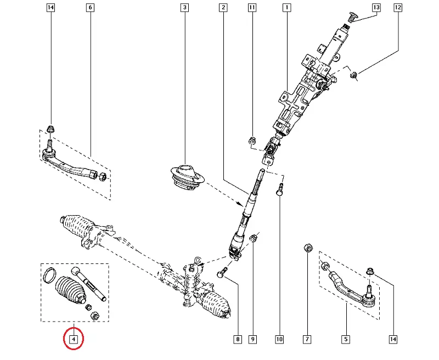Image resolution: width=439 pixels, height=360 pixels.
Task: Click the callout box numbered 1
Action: pyautogui.click(x=286, y=8)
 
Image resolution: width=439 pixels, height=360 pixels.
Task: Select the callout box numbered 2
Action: pyautogui.click(x=223, y=8)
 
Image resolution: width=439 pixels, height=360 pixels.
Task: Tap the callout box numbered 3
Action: pyautogui.click(x=184, y=8)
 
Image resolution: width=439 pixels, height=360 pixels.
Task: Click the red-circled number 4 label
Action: pyautogui.click(x=73, y=339)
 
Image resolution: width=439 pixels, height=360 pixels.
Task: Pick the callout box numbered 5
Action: pyautogui.click(x=346, y=339)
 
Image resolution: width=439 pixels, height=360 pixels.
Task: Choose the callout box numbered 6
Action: pyautogui.click(x=90, y=8)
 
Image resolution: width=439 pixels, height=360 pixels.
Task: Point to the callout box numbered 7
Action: pyautogui.click(x=307, y=339)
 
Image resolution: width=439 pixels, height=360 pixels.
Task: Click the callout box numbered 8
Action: pyautogui.click(x=238, y=339)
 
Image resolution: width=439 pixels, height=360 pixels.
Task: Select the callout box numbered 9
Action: pyautogui.click(x=253, y=339)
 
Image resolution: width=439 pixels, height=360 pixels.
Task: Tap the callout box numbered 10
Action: pyautogui.click(x=279, y=339)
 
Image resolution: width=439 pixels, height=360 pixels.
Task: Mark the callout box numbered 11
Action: pyautogui.click(x=252, y=8)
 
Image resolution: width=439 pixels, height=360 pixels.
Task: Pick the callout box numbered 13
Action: pyautogui.click(x=376, y=8)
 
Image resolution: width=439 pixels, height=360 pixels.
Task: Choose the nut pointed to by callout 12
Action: pyautogui.click(x=354, y=75)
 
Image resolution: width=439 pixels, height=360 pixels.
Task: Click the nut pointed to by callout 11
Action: pyautogui.click(x=252, y=140)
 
